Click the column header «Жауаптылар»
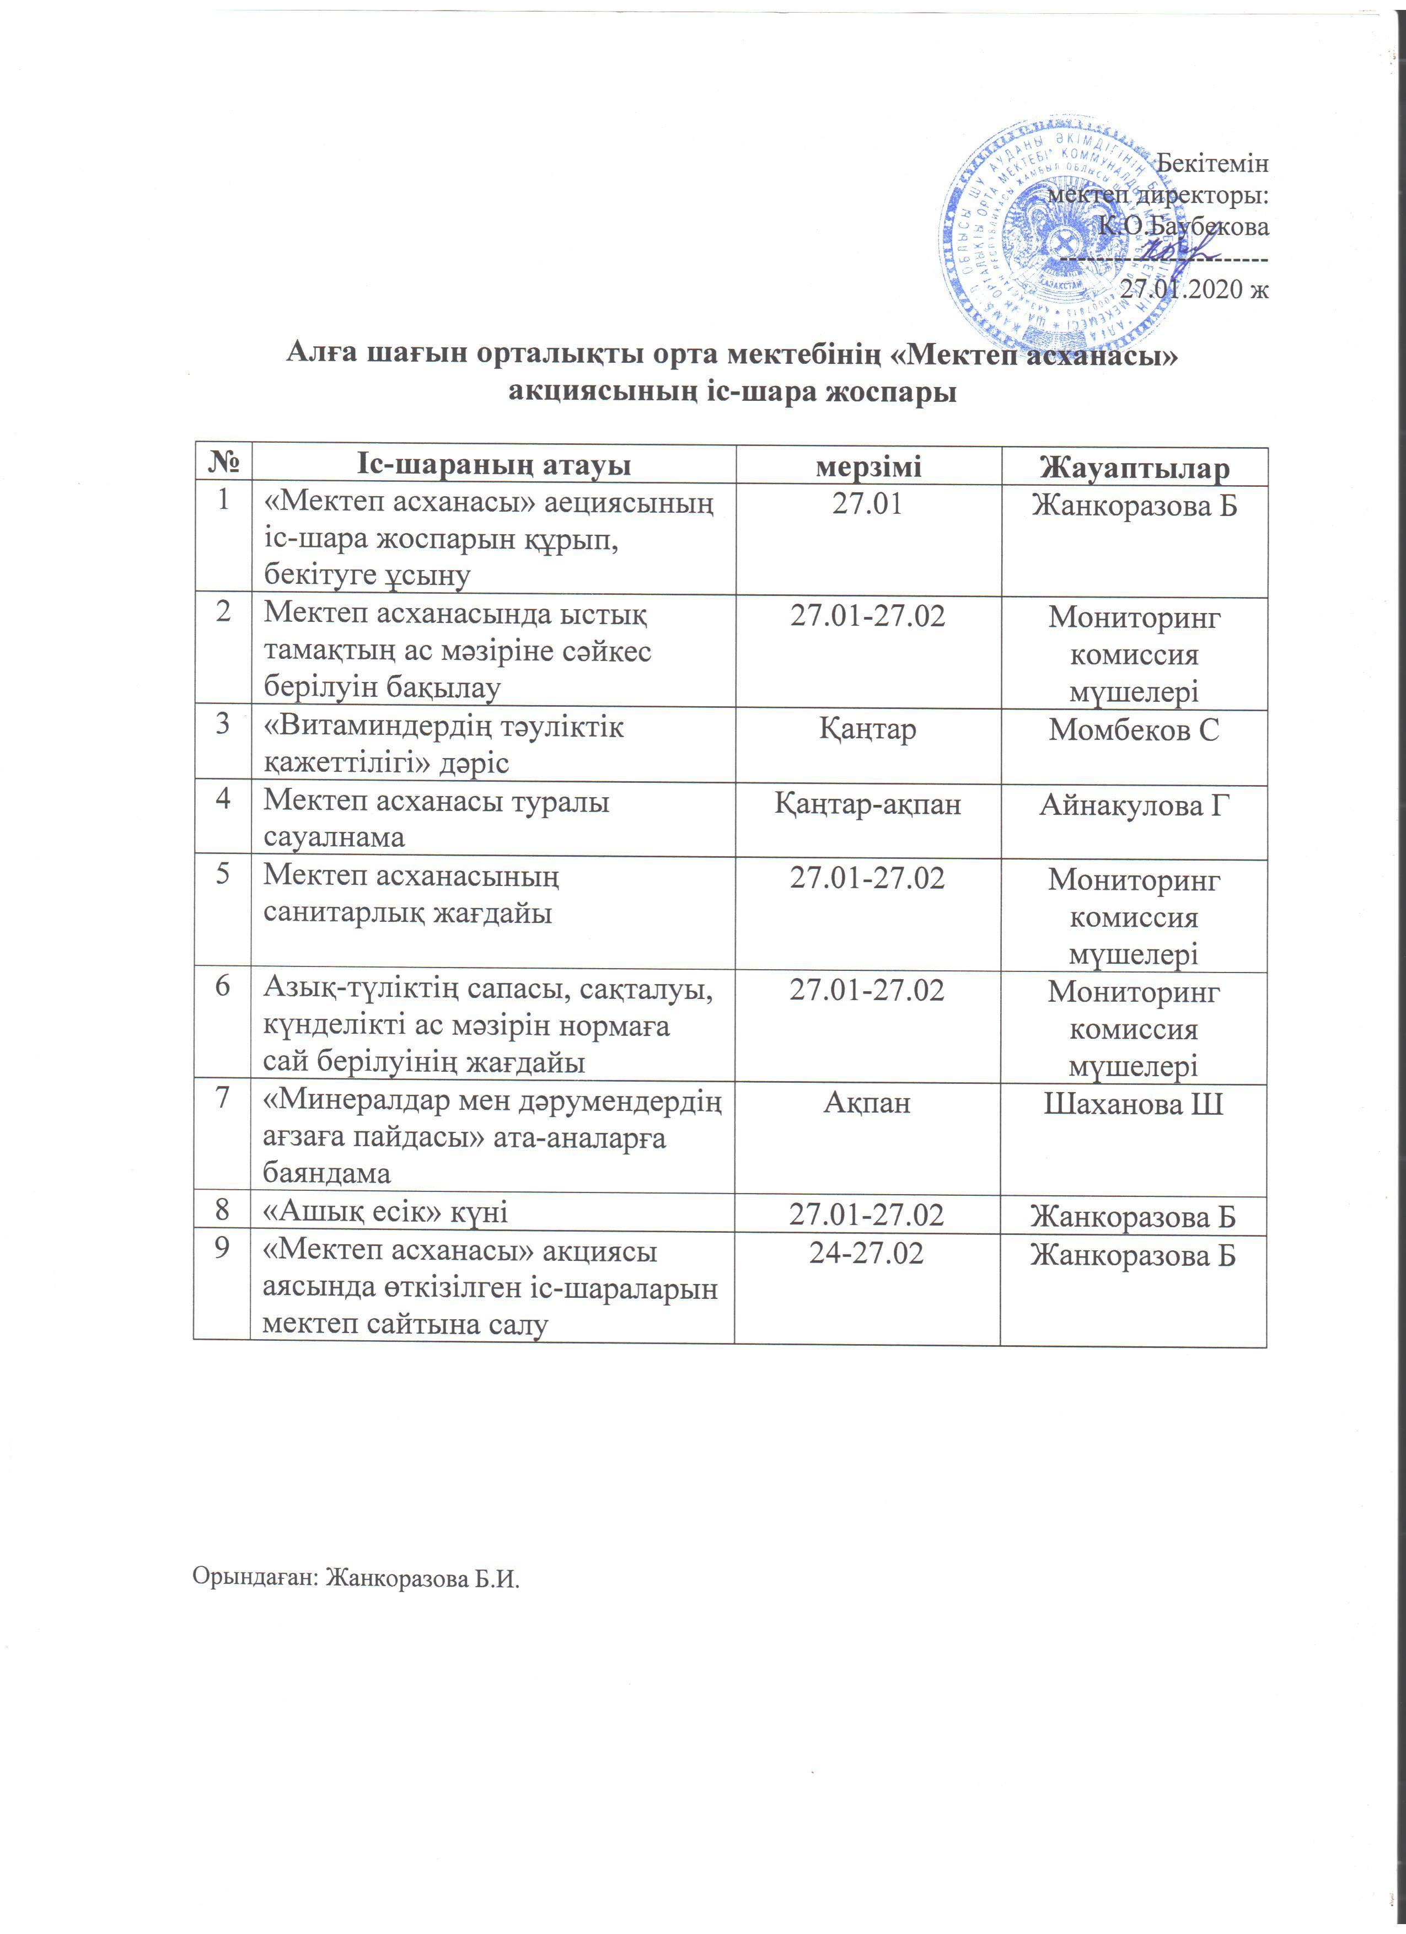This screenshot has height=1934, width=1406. click(1134, 468)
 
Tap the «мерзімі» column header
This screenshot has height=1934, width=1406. click(868, 466)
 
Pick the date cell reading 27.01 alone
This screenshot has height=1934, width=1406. click(867, 503)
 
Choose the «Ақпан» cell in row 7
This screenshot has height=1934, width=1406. click(867, 1103)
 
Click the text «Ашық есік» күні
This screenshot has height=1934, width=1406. click(385, 1212)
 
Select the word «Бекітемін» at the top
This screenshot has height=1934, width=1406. click(1211, 163)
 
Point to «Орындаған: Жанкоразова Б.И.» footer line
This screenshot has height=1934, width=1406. click(356, 1577)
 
